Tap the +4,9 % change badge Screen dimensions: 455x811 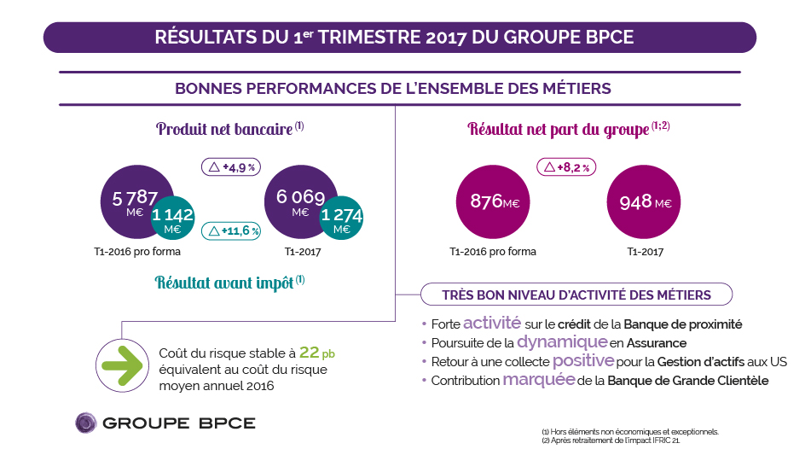pos(230,167)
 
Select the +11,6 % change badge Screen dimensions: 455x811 pos(231,230)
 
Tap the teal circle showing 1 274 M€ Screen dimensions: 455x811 pos(342,220)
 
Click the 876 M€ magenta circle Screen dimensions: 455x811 pos(495,201)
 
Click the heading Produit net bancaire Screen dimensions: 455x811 pos(225,130)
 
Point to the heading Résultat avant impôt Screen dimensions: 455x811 pos(225,283)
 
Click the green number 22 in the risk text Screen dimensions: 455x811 pos(309,353)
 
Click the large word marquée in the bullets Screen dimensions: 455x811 pos(538,380)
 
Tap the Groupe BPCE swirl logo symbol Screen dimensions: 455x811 pos(85,423)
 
